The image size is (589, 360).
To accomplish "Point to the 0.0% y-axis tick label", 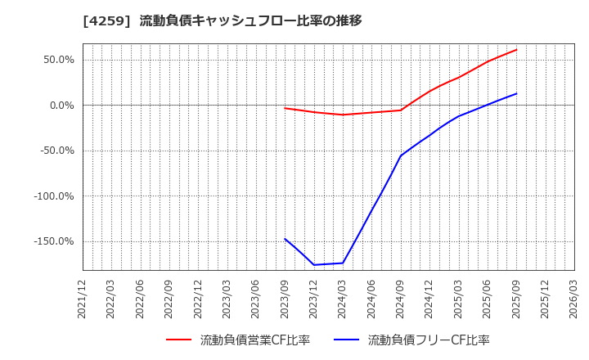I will pos(61,106).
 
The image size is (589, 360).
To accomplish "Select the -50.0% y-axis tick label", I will pos(56,151).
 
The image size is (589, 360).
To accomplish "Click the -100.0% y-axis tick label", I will pos(53,196).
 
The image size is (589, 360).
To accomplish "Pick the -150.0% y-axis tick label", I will pos(53,241).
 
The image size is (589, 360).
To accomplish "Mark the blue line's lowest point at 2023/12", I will pos(314,264).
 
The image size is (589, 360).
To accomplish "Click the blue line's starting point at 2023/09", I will pos(285,239).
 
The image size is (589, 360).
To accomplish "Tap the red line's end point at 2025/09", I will pos(516,49).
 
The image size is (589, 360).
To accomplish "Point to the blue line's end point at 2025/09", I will pos(516,93).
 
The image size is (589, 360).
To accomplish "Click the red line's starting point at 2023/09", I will pos(285,108).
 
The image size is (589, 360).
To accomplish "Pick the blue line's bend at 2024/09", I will pos(401,155).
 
